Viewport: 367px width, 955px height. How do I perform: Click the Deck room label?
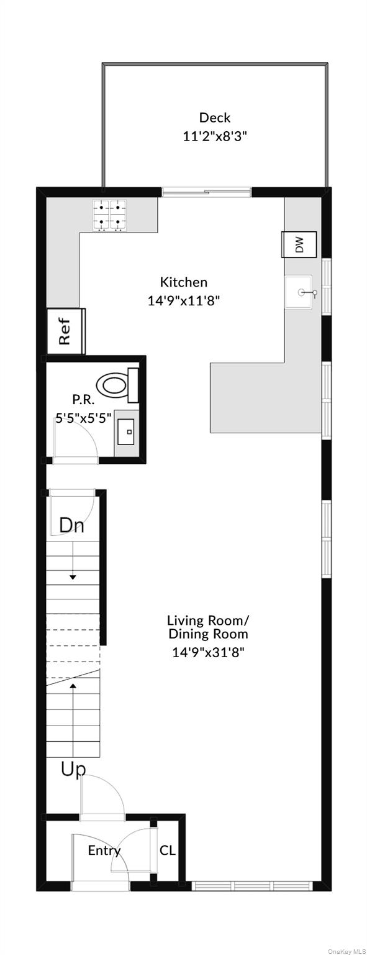(215, 118)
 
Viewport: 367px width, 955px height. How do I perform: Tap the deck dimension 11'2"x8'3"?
(215, 136)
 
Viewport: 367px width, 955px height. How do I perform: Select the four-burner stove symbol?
(110, 216)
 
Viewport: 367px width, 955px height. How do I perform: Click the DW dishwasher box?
(299, 245)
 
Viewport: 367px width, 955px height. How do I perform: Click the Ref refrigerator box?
(65, 331)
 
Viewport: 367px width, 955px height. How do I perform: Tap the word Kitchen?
(184, 282)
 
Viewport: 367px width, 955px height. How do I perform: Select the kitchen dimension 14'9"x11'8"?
(184, 301)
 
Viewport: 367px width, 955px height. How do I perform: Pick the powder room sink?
(127, 432)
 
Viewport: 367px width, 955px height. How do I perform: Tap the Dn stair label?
(71, 525)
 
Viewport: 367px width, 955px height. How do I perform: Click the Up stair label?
(73, 770)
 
